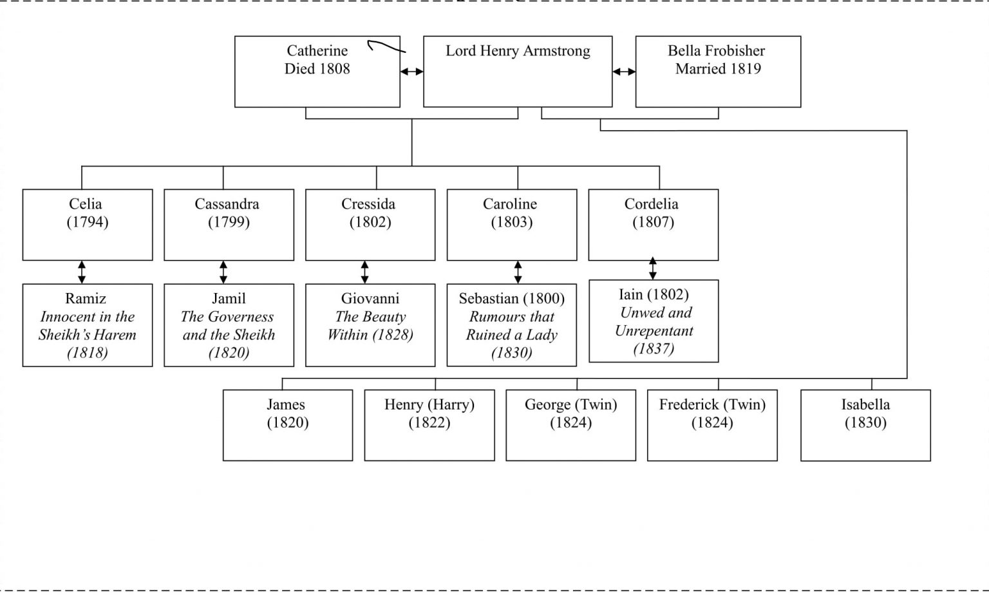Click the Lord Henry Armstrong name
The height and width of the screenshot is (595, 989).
point(518,52)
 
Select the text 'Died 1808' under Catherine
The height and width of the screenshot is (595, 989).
point(317,69)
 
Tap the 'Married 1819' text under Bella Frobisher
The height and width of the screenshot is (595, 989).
point(718,69)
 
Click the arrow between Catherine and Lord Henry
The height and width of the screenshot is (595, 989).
point(411,71)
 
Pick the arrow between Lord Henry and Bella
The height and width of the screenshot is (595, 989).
point(623,71)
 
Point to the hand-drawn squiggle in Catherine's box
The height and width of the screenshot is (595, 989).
point(385,46)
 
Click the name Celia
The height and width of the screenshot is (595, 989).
point(86,204)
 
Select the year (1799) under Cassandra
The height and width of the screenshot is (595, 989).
point(229,222)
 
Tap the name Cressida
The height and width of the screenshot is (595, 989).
point(368,204)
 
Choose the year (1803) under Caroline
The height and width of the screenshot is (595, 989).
point(511,222)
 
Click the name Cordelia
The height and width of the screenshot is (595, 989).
point(651,204)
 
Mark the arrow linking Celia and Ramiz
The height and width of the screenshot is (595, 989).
point(82,272)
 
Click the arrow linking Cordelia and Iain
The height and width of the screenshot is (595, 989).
point(653,269)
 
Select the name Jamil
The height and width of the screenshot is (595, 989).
point(229,299)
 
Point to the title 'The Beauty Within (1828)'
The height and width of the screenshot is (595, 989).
point(370,326)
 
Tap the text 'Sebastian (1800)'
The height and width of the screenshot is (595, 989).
point(511,299)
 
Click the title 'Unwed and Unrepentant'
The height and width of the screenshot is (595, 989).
point(654,322)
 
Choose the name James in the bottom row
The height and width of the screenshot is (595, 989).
point(286,405)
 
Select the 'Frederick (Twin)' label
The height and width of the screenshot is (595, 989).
point(712,405)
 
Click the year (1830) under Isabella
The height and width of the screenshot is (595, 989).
point(865,423)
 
